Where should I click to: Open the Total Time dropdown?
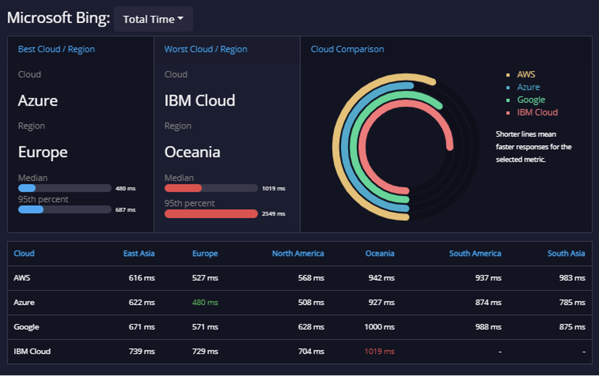click(x=153, y=19)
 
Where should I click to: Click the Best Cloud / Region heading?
click(x=56, y=49)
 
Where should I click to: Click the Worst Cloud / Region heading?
click(x=205, y=49)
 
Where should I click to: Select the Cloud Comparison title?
click(x=347, y=49)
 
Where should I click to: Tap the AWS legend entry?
click(x=525, y=74)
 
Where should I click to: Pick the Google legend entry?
click(x=531, y=100)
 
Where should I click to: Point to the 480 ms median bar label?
click(x=125, y=189)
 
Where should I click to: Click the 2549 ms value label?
click(x=273, y=214)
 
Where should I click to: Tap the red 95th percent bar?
click(x=211, y=214)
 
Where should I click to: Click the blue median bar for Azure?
click(x=27, y=188)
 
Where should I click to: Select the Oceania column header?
click(x=379, y=253)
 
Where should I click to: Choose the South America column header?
click(x=475, y=253)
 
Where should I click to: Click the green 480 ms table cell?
click(x=205, y=302)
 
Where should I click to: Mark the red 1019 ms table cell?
click(x=379, y=351)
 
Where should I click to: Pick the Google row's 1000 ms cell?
click(x=379, y=327)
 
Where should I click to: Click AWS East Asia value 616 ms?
click(x=141, y=278)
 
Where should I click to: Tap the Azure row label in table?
click(x=24, y=302)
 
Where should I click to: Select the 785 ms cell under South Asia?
click(x=572, y=302)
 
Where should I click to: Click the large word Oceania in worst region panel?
click(x=192, y=152)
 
